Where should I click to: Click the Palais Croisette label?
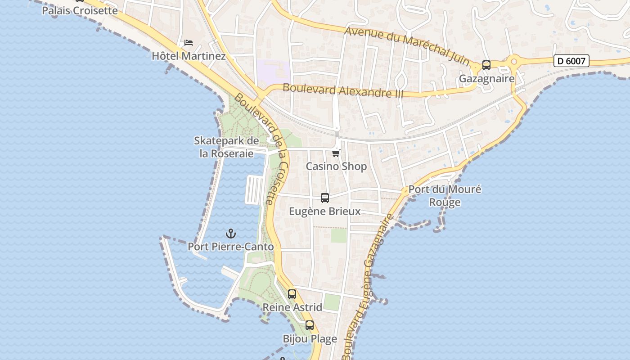pos(80,10)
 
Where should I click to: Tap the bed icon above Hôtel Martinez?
pos(189,43)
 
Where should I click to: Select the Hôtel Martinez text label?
pos(189,56)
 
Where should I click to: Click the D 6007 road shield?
pos(571,61)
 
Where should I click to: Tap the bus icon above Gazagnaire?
pos(486,65)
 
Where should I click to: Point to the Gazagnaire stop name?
pos(486,79)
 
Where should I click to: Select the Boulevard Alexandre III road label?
pos(343,91)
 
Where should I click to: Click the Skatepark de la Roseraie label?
pos(226,147)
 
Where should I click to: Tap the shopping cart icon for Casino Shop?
pos(336,153)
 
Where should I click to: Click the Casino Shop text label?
pos(336,166)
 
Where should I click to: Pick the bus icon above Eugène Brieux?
pos(324,198)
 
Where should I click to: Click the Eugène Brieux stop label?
pos(324,211)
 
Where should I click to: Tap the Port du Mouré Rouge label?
pos(445,196)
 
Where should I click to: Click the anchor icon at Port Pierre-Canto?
pos(230,234)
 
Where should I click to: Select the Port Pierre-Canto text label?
pos(230,247)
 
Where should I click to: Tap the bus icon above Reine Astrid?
pos(292,294)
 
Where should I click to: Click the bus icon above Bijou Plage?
pos(309,325)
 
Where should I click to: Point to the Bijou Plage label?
pos(310,339)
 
